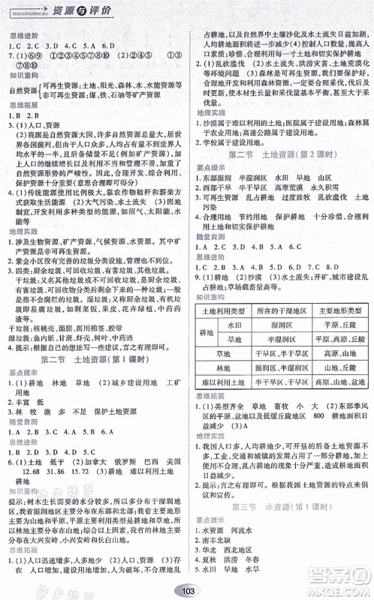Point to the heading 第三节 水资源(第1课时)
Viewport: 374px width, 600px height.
(x=281, y=508)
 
